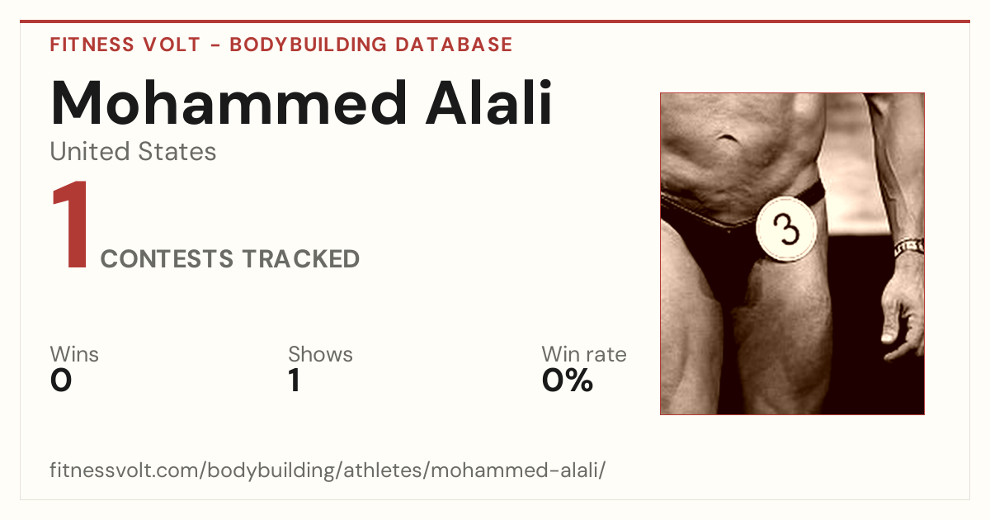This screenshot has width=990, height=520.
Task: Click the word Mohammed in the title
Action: click(x=228, y=102)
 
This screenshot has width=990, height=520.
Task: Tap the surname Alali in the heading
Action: click(x=488, y=102)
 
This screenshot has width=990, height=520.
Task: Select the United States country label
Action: click(x=133, y=152)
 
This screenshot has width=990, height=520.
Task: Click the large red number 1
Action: click(x=71, y=225)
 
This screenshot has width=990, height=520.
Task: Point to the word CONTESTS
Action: click(x=167, y=259)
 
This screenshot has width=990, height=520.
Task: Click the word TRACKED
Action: click(x=300, y=259)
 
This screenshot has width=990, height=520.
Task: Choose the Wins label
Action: click(x=74, y=354)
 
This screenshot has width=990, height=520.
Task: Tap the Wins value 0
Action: click(x=61, y=381)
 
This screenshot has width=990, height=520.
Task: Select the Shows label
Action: click(x=320, y=354)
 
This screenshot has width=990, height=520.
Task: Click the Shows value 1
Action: click(x=295, y=381)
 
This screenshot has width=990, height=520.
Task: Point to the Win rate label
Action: click(x=584, y=354)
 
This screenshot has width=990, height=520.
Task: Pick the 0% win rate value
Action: click(x=568, y=381)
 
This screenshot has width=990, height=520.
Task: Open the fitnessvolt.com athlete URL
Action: click(x=328, y=470)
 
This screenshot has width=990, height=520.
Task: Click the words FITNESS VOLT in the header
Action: click(x=125, y=45)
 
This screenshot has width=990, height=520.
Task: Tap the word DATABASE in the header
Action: click(x=454, y=45)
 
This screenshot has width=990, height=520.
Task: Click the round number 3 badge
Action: click(x=785, y=229)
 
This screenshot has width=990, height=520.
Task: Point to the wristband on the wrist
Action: click(x=908, y=248)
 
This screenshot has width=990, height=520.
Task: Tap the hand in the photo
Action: click(x=902, y=310)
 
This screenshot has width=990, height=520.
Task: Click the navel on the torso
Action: click(x=727, y=138)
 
